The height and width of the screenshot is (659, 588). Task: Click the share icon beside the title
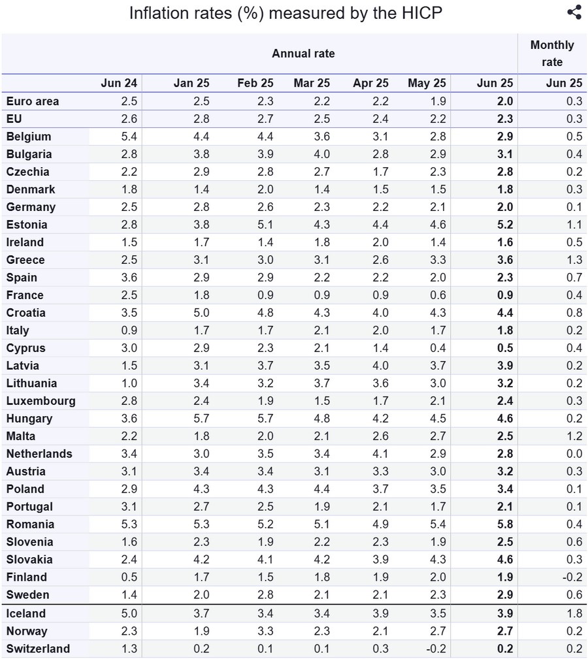coord(574,12)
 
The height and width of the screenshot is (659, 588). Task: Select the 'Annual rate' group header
coord(303,54)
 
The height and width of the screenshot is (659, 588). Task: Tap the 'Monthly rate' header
coord(552,54)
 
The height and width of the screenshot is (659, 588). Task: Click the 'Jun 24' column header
coord(119,83)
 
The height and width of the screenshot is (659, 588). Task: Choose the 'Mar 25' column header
coord(312,83)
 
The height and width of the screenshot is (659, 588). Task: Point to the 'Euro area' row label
coord(33,101)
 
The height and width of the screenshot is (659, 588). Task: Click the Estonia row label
coord(27,225)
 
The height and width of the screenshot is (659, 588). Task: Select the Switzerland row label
coord(38,649)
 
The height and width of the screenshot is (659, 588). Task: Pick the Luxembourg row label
coord(41,401)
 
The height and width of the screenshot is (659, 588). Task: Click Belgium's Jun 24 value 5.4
coord(129,137)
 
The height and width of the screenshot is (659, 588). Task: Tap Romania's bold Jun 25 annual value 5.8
coord(504,524)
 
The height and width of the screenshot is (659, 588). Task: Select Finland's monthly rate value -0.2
coord(572,577)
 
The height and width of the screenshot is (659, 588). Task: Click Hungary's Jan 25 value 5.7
coord(201,419)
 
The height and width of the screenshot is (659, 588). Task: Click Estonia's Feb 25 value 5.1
coord(265,225)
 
